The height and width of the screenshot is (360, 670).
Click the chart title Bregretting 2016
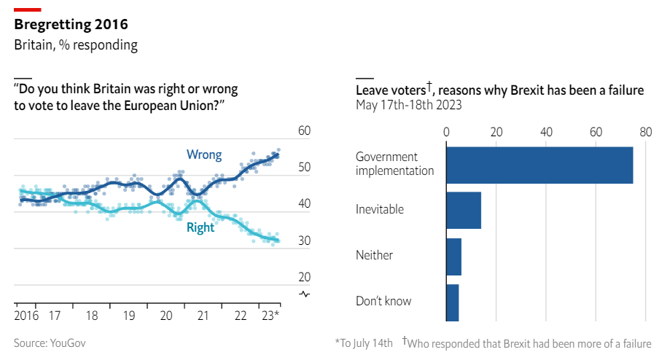click(x=71, y=25)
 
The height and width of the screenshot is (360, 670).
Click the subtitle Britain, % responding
click(x=75, y=45)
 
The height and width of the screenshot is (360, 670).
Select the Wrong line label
click(x=204, y=154)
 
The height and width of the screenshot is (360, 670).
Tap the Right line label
click(x=200, y=227)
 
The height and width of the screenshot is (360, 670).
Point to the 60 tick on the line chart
click(x=304, y=131)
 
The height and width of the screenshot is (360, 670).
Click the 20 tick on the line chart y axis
click(x=304, y=277)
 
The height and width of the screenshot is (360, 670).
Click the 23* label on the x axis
click(x=270, y=316)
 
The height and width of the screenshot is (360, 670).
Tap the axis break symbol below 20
click(x=304, y=294)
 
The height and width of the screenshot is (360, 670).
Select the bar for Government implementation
click(x=539, y=165)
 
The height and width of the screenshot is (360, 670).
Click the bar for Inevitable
click(x=463, y=210)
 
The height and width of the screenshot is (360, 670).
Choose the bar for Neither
click(x=453, y=257)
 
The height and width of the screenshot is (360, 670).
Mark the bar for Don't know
click(x=452, y=302)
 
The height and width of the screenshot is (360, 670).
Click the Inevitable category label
click(x=379, y=210)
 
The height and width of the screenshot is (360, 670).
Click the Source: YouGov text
click(x=50, y=343)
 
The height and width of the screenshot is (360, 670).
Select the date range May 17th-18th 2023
click(x=408, y=105)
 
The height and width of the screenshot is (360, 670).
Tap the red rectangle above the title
click(x=28, y=8)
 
